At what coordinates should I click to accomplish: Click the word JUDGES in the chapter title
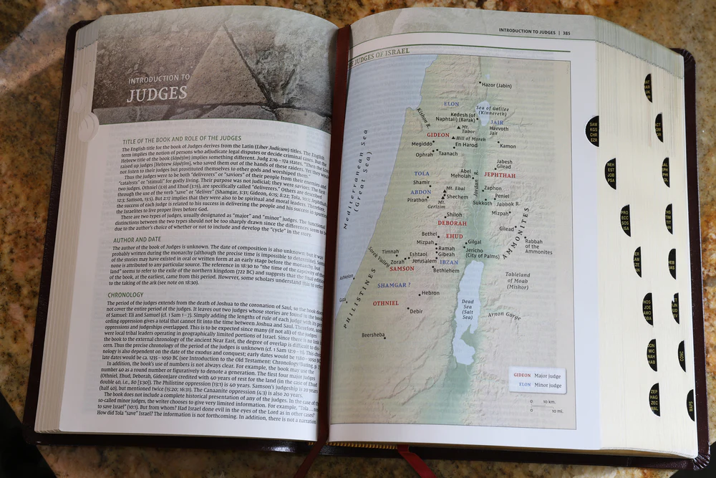[157, 92]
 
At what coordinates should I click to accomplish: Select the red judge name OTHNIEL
[385, 303]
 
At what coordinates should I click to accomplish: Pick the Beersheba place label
[373, 335]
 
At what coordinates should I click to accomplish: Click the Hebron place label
[430, 293]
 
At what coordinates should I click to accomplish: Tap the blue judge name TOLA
[422, 173]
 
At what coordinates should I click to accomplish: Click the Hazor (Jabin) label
[498, 85]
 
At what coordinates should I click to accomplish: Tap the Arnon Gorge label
[505, 315]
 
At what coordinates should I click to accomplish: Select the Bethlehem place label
[445, 271]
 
